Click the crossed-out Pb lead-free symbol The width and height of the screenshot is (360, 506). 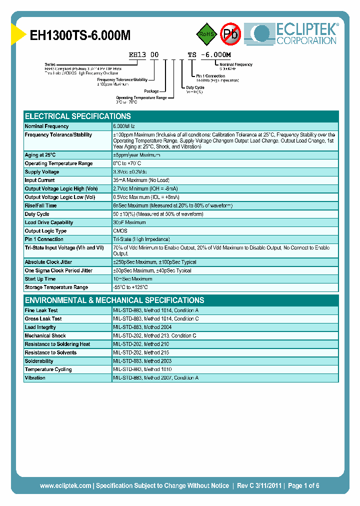(x=230, y=34)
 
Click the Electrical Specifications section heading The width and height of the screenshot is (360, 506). (x=78, y=116)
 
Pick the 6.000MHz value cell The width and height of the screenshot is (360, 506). (x=127, y=126)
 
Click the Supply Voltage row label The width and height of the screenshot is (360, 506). (x=42, y=172)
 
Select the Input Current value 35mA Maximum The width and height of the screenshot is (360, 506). (x=141, y=180)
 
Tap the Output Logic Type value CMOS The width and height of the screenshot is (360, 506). (x=120, y=231)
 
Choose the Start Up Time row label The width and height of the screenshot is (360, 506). (x=40, y=279)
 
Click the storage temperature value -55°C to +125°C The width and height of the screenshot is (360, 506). (x=130, y=287)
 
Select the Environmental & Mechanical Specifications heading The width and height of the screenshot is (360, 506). (x=114, y=300)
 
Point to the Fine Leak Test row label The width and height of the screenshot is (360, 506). (x=41, y=310)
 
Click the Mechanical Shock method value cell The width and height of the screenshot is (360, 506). (x=154, y=336)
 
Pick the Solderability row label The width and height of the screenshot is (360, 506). (x=39, y=361)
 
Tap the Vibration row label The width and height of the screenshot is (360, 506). (x=35, y=378)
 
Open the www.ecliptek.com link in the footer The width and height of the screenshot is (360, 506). (x=65, y=485)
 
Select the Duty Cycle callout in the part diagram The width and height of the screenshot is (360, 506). (x=195, y=87)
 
